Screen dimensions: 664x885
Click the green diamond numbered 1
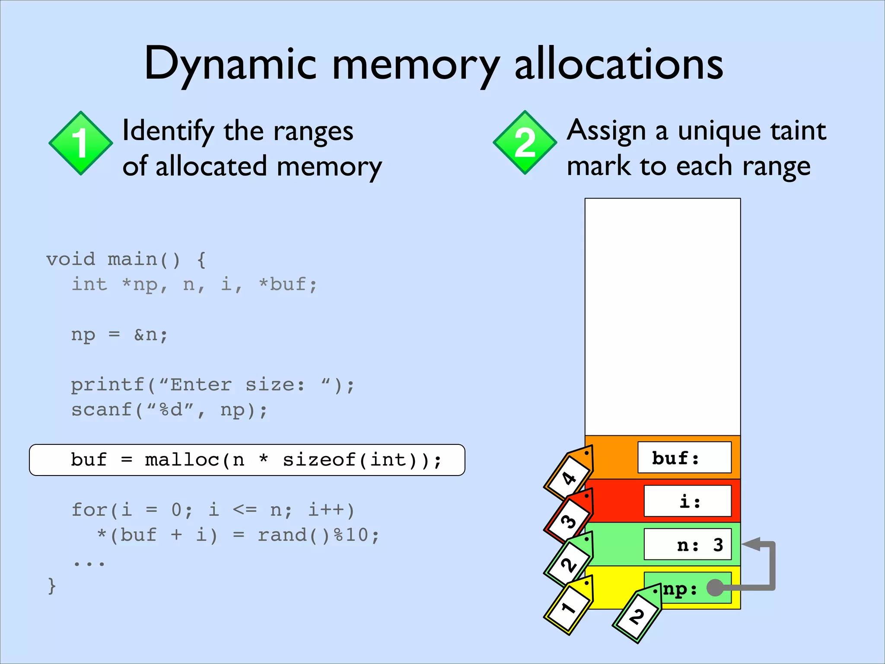coord(81,143)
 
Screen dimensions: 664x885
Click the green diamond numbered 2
coord(525,143)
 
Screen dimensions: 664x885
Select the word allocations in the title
coord(618,65)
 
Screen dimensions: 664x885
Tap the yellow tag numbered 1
coord(569,606)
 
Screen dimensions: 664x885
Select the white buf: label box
coord(684,457)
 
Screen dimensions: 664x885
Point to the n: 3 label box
coord(688,544)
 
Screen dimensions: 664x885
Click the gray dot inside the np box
coord(715,587)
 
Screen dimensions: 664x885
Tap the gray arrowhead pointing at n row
coord(752,544)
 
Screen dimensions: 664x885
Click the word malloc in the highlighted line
coord(182,460)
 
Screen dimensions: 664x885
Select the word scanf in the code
coord(102,410)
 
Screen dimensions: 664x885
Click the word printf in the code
coord(108,385)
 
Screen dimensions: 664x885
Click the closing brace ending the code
coord(51,586)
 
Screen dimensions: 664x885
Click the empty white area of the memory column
coord(662,316)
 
